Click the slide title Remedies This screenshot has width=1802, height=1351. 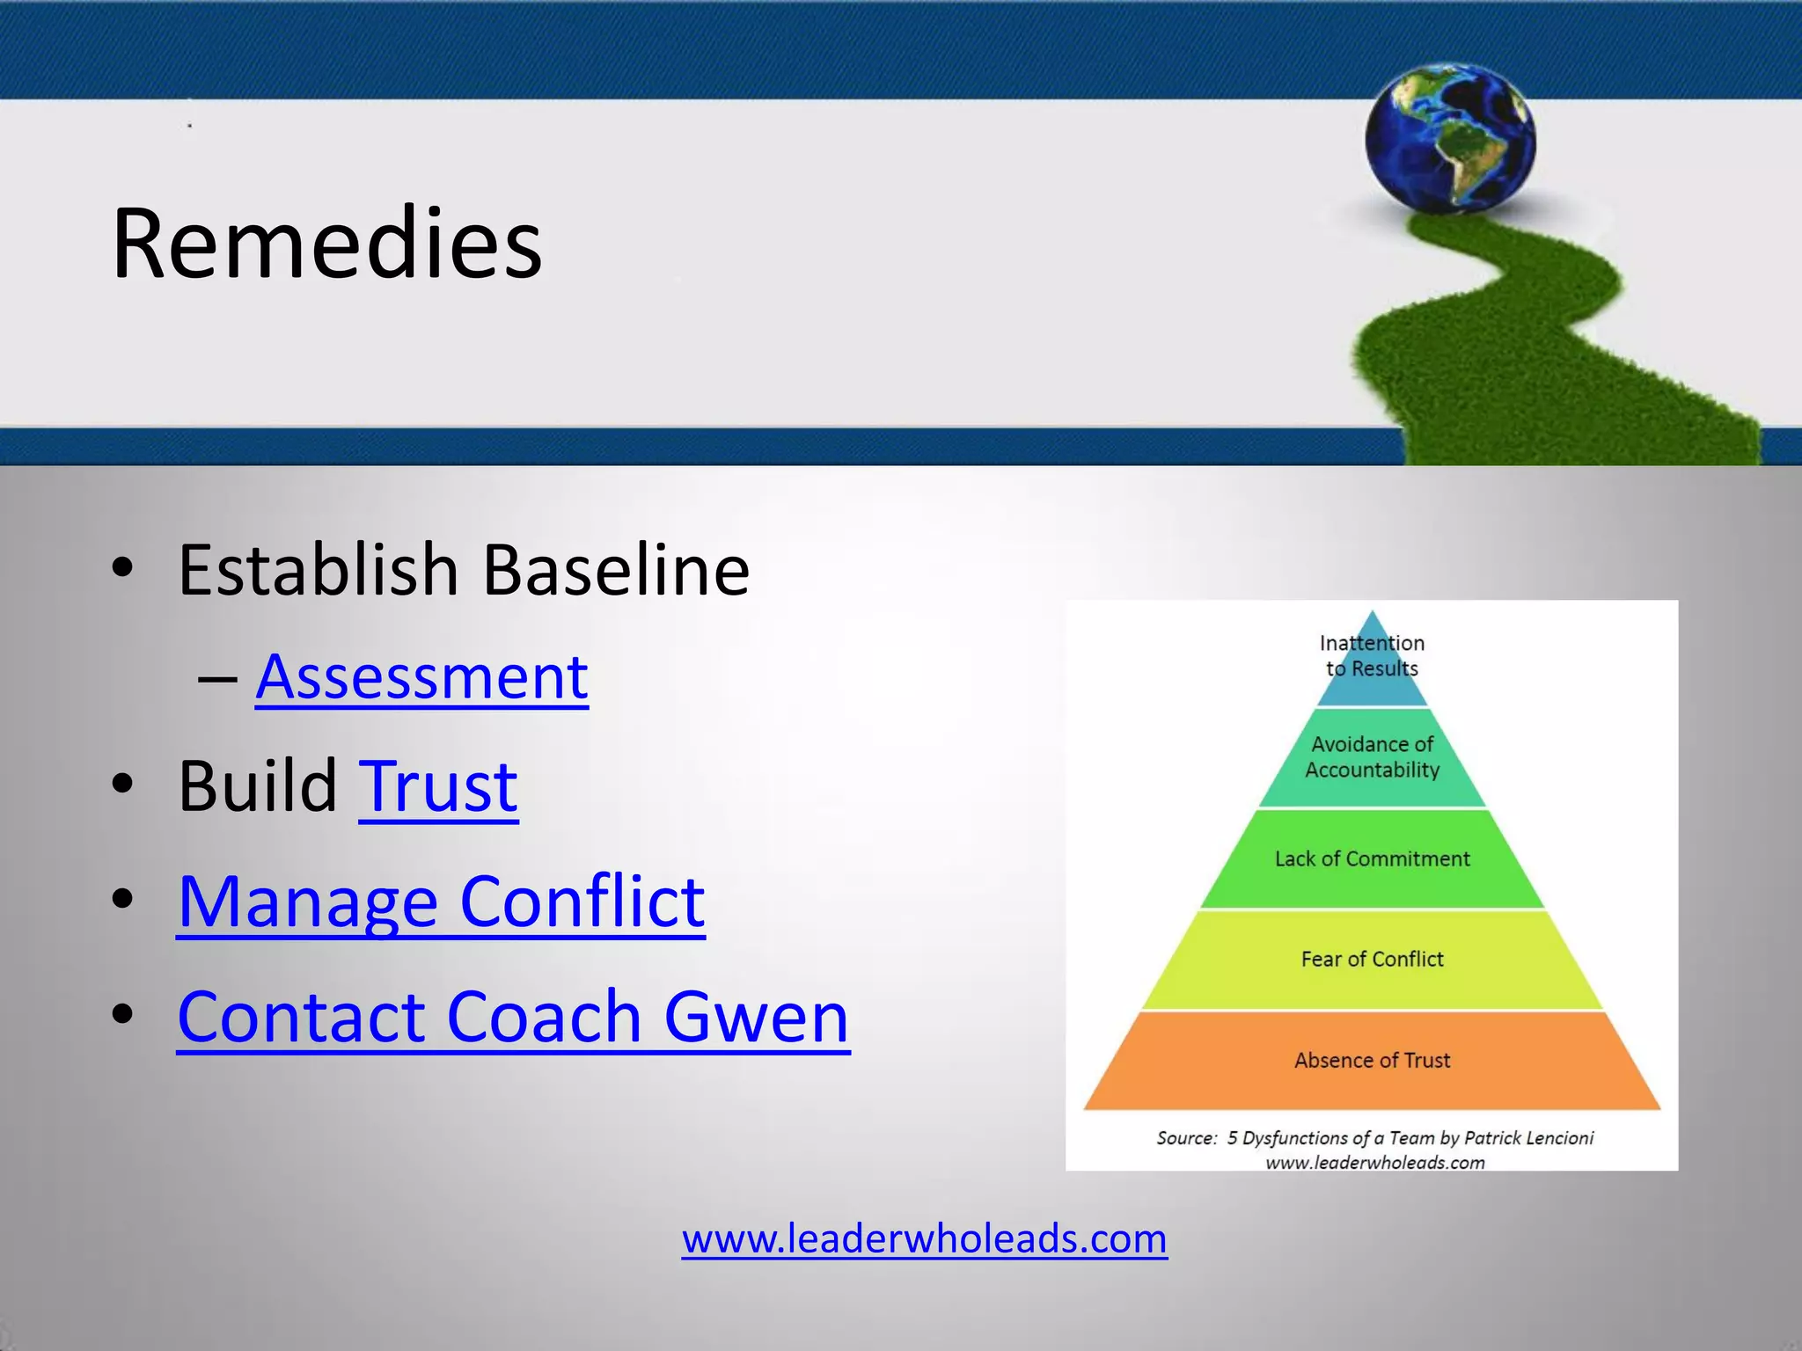(x=326, y=244)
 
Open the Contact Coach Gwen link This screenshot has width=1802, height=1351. (x=513, y=1017)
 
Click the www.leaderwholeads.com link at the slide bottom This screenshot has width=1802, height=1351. (x=924, y=1238)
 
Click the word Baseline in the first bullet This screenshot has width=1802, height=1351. (x=616, y=570)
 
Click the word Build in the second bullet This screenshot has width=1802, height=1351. (x=258, y=785)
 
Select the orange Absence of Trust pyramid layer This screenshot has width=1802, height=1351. (x=1372, y=1061)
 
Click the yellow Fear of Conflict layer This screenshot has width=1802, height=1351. (x=1372, y=960)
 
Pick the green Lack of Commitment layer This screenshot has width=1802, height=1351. (x=1372, y=859)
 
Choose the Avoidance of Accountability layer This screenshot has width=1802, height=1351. (x=1372, y=757)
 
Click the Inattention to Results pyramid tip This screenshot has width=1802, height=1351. (x=1372, y=656)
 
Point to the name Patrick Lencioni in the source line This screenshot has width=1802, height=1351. (x=1528, y=1138)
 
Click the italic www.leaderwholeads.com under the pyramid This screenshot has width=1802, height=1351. (x=1374, y=1163)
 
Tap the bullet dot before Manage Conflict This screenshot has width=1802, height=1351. (x=123, y=899)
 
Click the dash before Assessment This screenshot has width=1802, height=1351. (x=217, y=680)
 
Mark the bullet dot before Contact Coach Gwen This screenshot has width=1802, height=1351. (x=123, y=1014)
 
